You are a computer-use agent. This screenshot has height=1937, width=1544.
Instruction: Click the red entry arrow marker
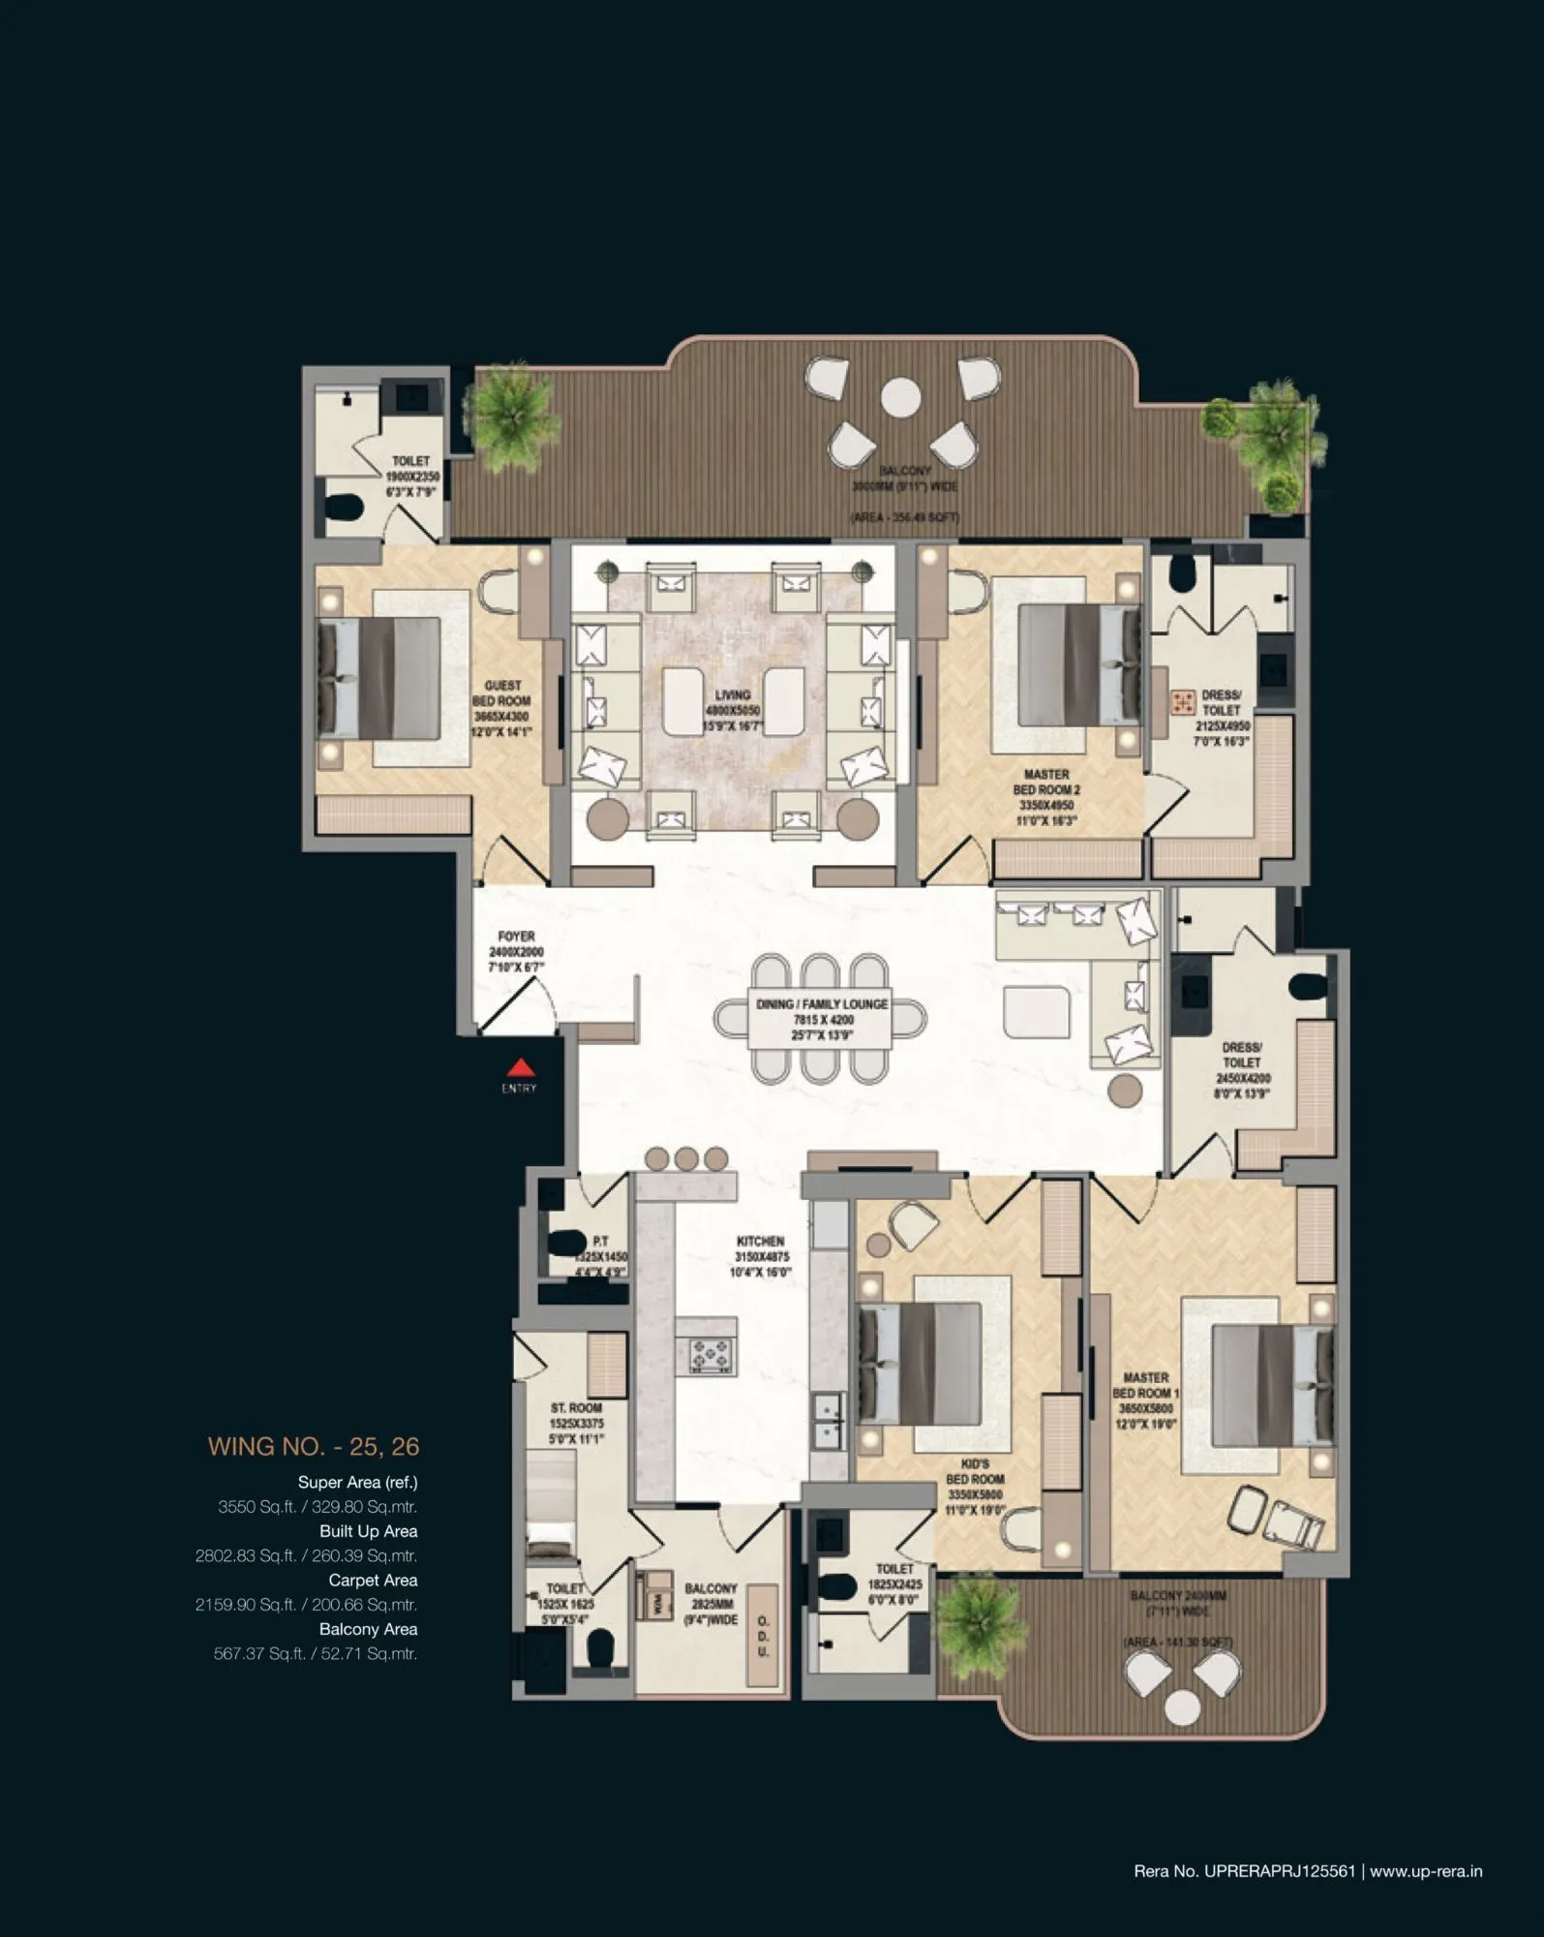tap(522, 1067)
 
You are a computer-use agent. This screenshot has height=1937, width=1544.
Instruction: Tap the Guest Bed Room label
tap(501, 708)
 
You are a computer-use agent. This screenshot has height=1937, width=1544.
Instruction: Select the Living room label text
tap(733, 709)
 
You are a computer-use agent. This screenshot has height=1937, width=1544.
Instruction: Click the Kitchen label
tap(761, 1255)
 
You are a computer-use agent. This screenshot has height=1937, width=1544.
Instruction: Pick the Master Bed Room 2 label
tap(1046, 797)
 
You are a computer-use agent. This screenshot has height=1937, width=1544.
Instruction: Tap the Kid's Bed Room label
tap(975, 1487)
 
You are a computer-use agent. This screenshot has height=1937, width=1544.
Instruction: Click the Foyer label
tap(516, 951)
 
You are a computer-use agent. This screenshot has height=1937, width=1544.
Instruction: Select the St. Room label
tap(576, 1423)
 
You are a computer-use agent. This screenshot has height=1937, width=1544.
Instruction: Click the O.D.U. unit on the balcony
tap(764, 1636)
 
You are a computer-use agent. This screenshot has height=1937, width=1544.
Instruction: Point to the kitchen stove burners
tap(711, 1352)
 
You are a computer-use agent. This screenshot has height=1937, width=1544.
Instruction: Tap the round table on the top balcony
tap(900, 395)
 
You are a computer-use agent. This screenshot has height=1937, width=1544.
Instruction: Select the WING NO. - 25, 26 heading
tap(313, 1446)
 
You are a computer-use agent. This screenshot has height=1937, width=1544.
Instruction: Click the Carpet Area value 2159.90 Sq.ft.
tap(306, 1604)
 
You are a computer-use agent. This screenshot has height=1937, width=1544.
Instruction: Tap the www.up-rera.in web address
tap(1426, 1871)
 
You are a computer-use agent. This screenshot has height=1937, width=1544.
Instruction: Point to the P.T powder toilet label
tap(600, 1241)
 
